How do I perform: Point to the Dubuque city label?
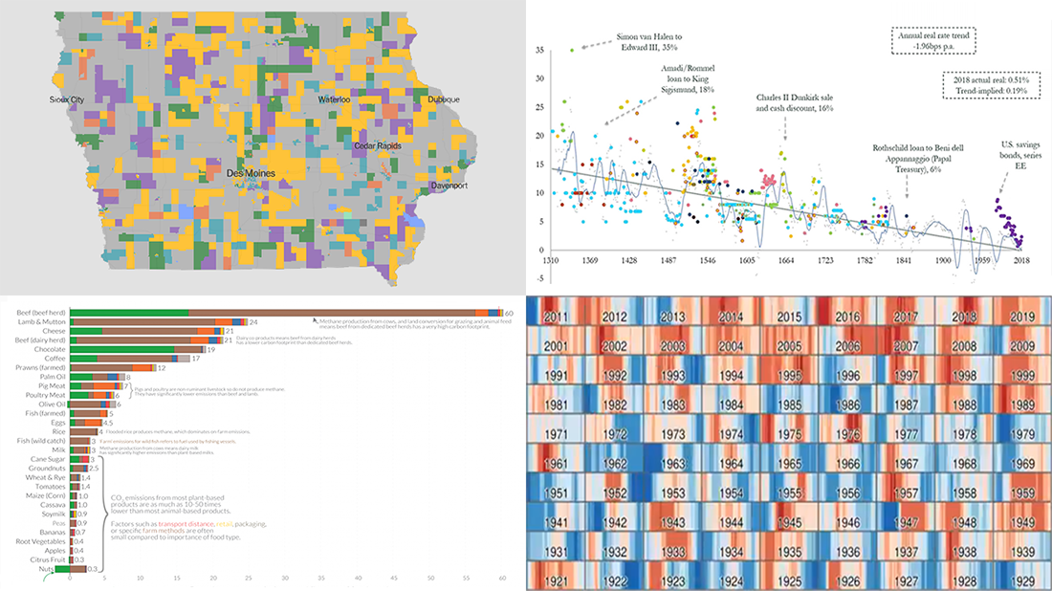(438, 99)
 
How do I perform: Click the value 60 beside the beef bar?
(510, 313)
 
